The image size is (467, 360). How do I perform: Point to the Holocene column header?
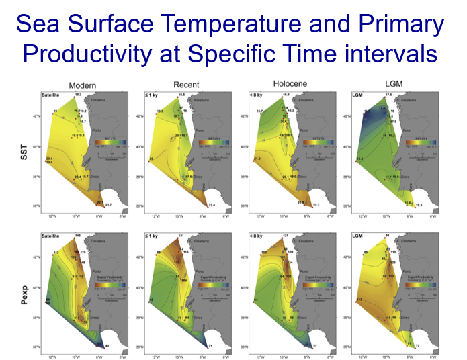(x=291, y=85)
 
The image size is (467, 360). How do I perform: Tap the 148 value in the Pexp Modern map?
(x=78, y=235)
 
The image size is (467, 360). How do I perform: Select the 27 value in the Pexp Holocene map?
(x=315, y=347)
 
